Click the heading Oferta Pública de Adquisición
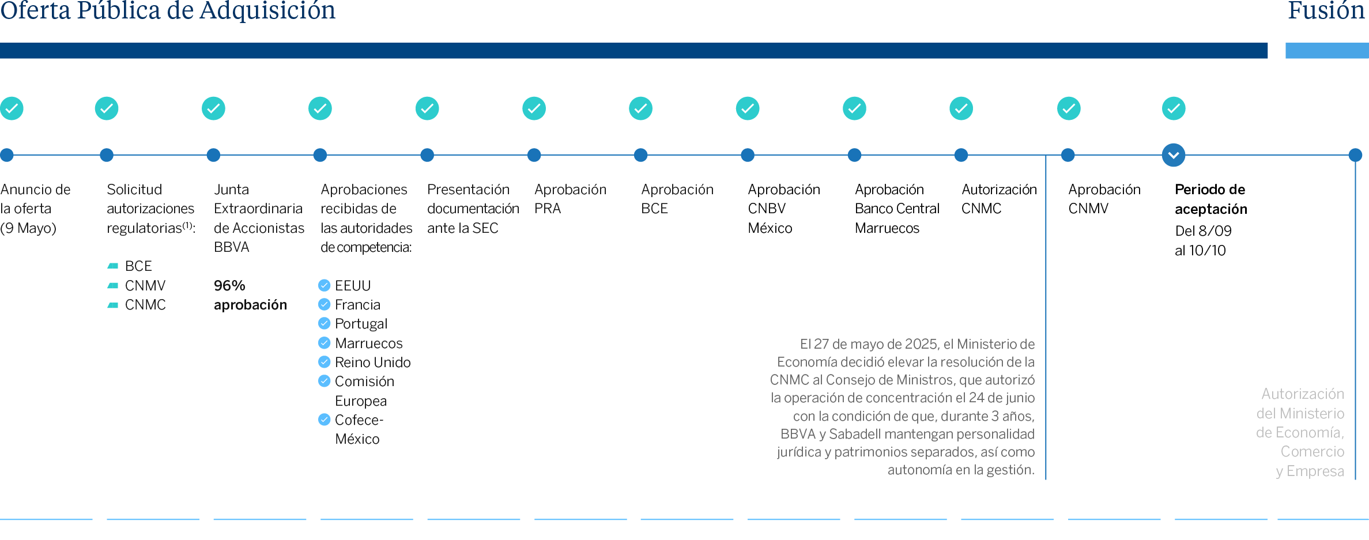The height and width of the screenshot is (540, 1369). click(x=168, y=10)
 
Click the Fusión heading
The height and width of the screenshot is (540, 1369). click(x=1326, y=10)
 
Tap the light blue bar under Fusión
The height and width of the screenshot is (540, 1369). click(x=1326, y=51)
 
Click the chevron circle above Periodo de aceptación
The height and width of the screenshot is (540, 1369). click(x=1174, y=155)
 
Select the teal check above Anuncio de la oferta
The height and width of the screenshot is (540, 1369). click(x=12, y=108)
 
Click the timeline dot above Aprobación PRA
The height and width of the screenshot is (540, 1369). click(x=534, y=155)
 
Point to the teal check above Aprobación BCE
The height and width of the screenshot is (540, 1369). click(x=640, y=108)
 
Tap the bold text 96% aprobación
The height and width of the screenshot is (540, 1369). click(x=250, y=295)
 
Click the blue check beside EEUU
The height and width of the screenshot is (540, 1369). click(x=325, y=285)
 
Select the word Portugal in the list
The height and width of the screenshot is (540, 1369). click(x=361, y=324)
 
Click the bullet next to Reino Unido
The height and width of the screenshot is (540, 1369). click(x=325, y=362)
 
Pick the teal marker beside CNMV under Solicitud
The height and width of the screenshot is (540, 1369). click(x=113, y=285)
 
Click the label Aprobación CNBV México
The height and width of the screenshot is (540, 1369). click(x=783, y=209)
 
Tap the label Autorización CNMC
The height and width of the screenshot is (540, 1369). click(x=998, y=199)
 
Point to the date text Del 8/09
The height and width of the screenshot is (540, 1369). click(x=1203, y=231)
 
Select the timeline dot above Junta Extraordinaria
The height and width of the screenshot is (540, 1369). click(x=213, y=155)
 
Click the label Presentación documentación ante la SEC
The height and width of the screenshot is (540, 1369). click(x=473, y=209)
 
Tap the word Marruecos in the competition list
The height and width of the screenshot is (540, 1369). click(x=368, y=343)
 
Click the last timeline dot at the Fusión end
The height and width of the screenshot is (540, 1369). click(x=1355, y=155)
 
